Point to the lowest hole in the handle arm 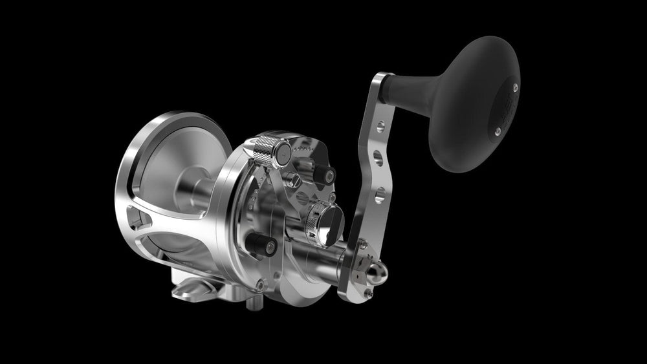[x=379, y=192]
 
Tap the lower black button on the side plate [x=263, y=246]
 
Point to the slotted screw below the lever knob [x=296, y=179]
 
